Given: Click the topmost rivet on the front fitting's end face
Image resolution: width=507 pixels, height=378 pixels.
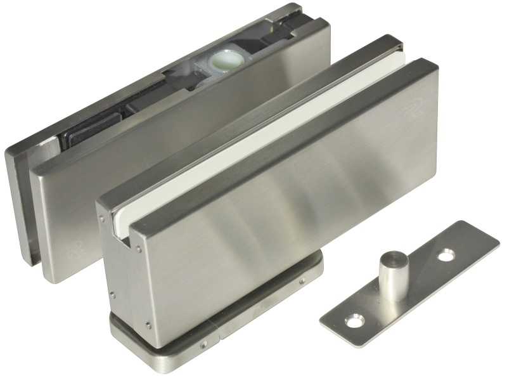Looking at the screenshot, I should tap(101, 219).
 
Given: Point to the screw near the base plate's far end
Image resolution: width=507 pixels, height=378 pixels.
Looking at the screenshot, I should tap(301, 280).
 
